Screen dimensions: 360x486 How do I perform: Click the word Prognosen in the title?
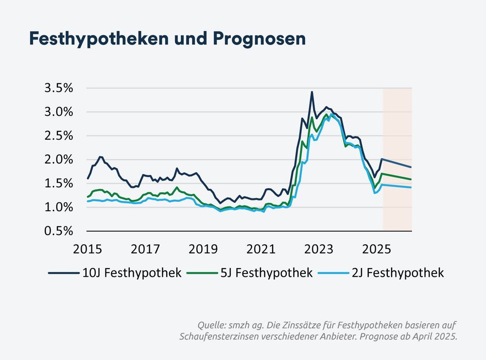pos(263,38)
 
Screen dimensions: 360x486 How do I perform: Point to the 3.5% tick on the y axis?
pos(59,88)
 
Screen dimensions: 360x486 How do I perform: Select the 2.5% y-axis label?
pos(59,136)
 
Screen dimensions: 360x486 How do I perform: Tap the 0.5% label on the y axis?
pos(59,231)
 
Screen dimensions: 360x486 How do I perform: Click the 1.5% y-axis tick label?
pos(59,183)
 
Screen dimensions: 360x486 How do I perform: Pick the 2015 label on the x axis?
pos(87,250)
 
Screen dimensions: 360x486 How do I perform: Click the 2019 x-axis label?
pos(203,250)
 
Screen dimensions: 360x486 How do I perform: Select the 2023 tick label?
pos(319,250)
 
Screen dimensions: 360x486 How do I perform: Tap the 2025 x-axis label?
pos(377,250)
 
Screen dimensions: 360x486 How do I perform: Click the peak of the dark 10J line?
pos(312,92)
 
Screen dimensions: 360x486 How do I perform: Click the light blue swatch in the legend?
pos(333,273)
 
